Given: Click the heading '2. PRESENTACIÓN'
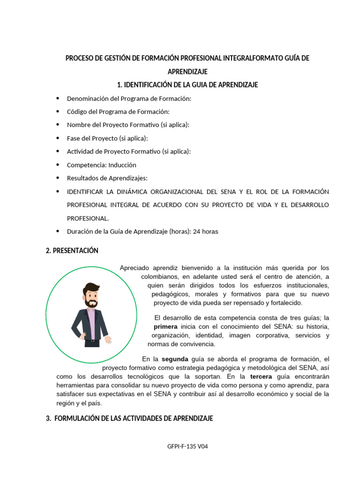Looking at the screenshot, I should coord(72,251).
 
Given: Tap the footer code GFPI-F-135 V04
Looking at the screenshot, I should coord(187,446).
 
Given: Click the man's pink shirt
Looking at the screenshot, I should coord(92,323).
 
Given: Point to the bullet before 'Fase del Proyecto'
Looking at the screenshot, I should coord(58,138).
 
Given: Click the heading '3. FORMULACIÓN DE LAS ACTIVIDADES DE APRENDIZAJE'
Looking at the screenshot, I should coord(129,418).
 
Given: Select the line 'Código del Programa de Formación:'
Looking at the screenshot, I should coord(118,112).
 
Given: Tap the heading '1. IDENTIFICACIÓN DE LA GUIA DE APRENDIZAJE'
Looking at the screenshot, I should coord(187,85).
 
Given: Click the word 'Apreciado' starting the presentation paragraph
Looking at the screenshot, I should coord(135,268).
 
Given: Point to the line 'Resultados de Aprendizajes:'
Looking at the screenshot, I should coord(107,178).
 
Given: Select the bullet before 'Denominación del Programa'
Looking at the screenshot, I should coord(58,98).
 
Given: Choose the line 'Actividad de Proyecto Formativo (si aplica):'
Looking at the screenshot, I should coord(129,151).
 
